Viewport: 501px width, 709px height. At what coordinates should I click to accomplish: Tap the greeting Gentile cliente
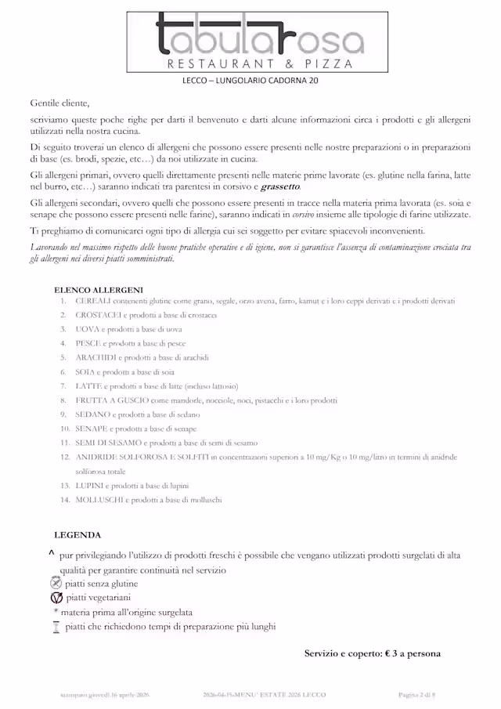pos(59,103)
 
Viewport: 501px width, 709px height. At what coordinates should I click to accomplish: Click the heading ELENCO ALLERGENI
pos(99,290)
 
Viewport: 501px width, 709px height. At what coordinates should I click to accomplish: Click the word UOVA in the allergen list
pos(88,329)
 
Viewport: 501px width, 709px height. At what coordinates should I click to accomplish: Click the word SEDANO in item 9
pos(92,414)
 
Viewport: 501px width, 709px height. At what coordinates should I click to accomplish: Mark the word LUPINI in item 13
pos(90,486)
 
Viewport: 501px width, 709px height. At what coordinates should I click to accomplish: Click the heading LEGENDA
pos(77,535)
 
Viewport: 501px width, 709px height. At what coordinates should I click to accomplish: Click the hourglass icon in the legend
pos(56,627)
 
